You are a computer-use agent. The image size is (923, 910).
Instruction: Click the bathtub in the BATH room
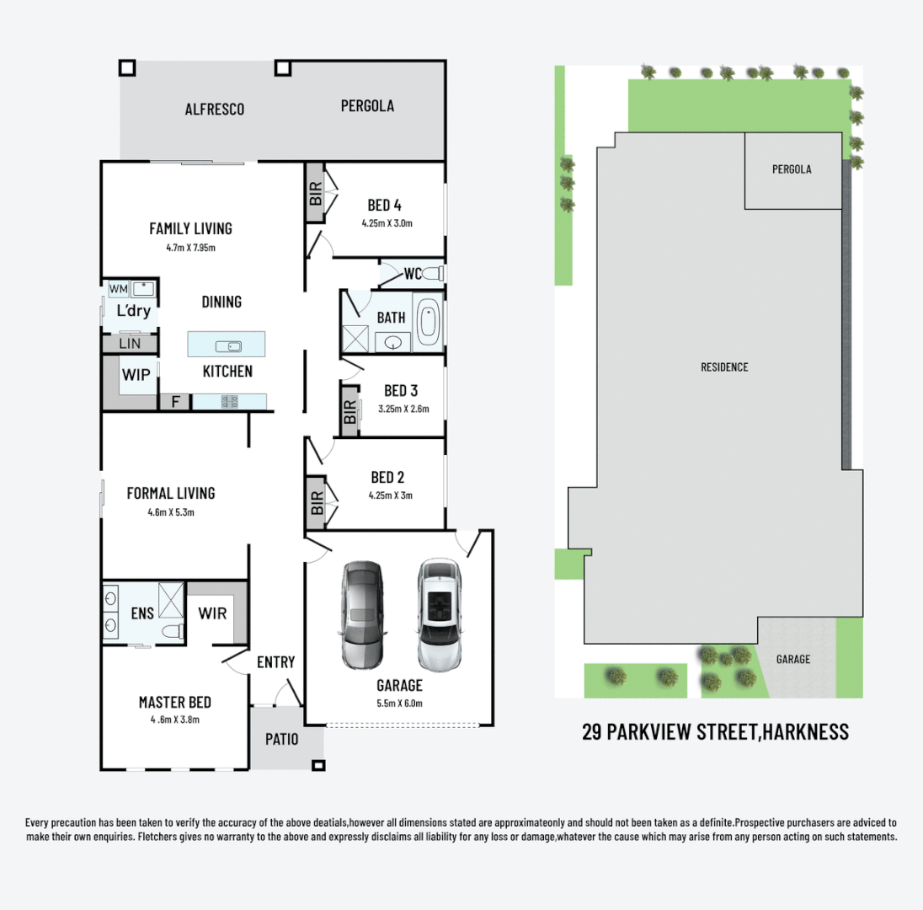429,322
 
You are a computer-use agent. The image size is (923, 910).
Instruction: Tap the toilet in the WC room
433,274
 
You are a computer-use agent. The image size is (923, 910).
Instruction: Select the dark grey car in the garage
361,614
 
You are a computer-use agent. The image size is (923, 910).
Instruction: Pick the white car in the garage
438,614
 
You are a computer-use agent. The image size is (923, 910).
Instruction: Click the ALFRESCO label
215,109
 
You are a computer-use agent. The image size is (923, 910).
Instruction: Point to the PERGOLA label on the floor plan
367,106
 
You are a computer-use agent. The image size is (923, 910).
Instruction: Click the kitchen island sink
227,345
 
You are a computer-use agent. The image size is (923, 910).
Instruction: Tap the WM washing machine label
119,289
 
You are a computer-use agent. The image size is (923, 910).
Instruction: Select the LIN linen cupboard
130,344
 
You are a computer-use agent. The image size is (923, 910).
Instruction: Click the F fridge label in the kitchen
175,402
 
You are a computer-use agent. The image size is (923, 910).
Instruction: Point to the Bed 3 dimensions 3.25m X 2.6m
401,409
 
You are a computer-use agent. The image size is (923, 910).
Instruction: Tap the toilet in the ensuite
173,631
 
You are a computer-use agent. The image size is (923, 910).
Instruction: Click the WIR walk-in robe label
212,613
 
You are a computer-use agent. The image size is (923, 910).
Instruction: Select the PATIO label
282,740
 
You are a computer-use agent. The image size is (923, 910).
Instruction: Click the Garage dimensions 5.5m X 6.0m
399,703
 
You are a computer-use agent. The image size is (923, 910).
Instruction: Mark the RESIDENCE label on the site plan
724,367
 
